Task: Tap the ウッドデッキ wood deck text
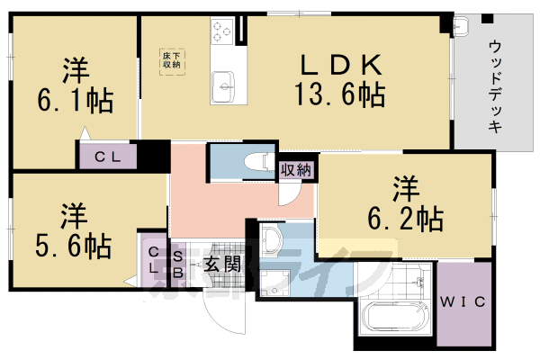tap(496, 85)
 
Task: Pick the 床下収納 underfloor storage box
tap(172, 61)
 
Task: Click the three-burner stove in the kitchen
tap(221, 32)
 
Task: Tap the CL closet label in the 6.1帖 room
tap(108, 157)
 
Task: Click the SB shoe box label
tap(178, 263)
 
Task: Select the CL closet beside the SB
tap(153, 262)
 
